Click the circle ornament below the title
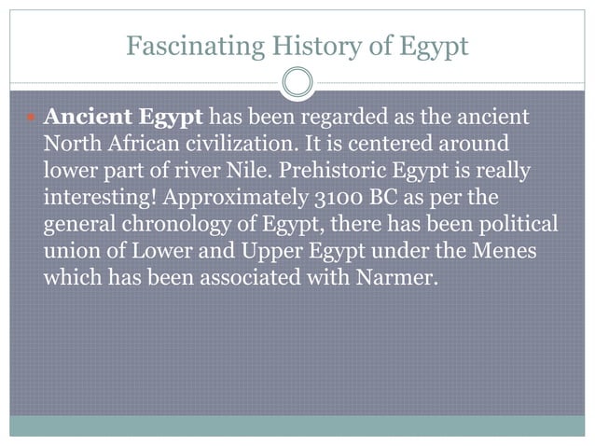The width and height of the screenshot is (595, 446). pos(297,82)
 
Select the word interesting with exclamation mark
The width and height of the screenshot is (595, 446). pos(96,199)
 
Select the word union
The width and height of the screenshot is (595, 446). pos(69,251)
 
